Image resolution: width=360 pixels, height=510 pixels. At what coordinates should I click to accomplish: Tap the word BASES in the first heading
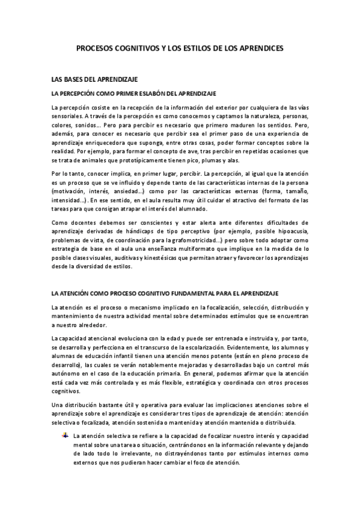click(70, 79)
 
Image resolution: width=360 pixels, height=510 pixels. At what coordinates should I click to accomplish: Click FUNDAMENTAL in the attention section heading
click(188, 293)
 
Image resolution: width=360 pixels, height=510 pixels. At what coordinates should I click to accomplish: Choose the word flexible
click(150, 381)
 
